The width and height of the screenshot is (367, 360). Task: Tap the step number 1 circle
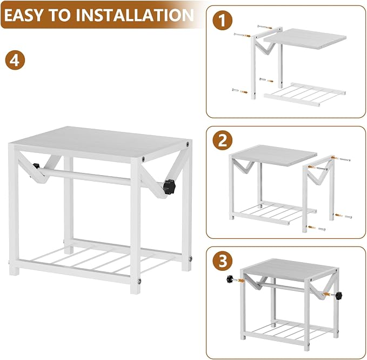tap(223, 21)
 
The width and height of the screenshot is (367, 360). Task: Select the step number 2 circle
tap(223, 141)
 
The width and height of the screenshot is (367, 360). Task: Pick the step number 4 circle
tap(15, 60)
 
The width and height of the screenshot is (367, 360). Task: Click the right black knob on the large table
tap(169, 186)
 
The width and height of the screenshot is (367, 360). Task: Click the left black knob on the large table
tap(36, 166)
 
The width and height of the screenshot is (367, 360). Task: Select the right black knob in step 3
tap(338, 295)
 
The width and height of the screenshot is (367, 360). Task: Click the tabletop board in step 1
tap(305, 38)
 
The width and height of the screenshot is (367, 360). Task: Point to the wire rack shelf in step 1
tap(305, 95)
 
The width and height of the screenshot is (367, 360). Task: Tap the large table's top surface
tap(100, 143)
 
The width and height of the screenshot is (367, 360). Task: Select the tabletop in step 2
tap(274, 155)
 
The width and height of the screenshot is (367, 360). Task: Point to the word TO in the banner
tap(64, 15)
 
